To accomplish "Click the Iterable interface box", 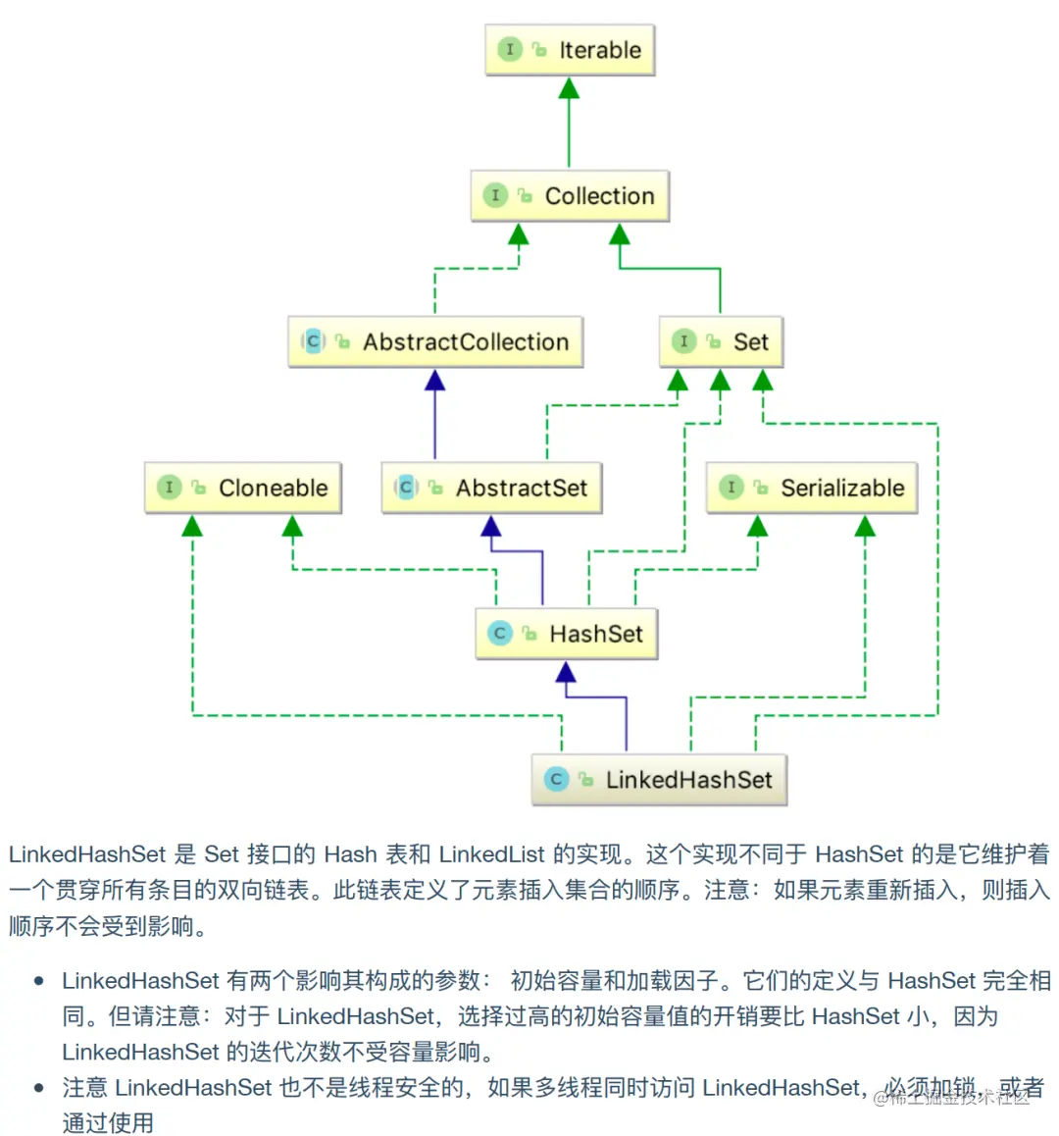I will (x=570, y=50).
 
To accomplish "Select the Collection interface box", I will (x=570, y=196).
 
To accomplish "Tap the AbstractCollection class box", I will (x=435, y=341).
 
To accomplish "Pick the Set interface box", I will (x=721, y=341).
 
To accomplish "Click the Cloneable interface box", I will (x=243, y=488).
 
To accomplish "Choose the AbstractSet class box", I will (x=491, y=488).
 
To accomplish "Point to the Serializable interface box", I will (x=812, y=488).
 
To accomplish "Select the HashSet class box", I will (x=567, y=634).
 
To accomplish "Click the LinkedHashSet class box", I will (x=659, y=780).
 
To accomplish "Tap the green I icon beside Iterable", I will (x=510, y=49).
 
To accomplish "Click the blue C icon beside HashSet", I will (x=500, y=634).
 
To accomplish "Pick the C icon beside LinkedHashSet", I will (x=556, y=780).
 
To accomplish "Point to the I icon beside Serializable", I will (x=731, y=488).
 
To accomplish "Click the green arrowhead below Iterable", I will (x=569, y=89).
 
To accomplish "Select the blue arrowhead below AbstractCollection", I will (x=435, y=381).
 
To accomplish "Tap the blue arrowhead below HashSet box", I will (x=566, y=673).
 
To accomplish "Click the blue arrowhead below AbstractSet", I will (x=491, y=527).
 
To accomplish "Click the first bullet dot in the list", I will (x=39, y=981).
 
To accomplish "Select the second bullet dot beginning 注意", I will (x=39, y=1088).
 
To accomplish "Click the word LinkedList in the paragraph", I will (x=491, y=854).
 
